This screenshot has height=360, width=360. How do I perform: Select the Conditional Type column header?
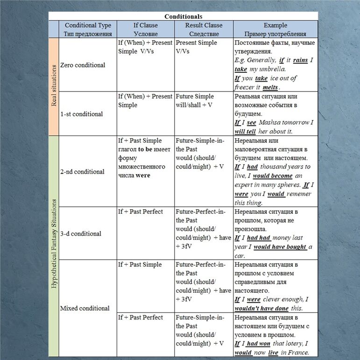tap(88, 29)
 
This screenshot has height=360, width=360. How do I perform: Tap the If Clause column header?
tap(145, 29)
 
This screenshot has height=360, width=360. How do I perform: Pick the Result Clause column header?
tap(204, 29)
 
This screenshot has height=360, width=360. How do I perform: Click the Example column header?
tap(275, 29)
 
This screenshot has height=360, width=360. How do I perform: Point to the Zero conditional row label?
tap(83, 65)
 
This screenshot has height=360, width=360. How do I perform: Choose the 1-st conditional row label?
tap(82, 114)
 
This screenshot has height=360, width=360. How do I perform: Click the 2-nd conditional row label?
tap(82, 171)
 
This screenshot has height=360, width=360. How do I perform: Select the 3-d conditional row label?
tap(80, 233)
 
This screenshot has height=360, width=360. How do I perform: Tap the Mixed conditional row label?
tap(85, 308)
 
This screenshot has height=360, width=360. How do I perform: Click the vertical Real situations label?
tap(54, 87)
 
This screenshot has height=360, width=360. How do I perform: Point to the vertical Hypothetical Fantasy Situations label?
tap(54, 244)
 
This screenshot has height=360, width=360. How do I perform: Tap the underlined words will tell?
tap(245, 131)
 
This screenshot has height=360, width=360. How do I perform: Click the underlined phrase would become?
tap(273, 176)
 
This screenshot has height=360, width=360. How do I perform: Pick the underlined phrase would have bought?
tap(280, 247)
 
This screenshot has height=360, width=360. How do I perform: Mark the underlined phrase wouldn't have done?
tap(261, 308)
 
